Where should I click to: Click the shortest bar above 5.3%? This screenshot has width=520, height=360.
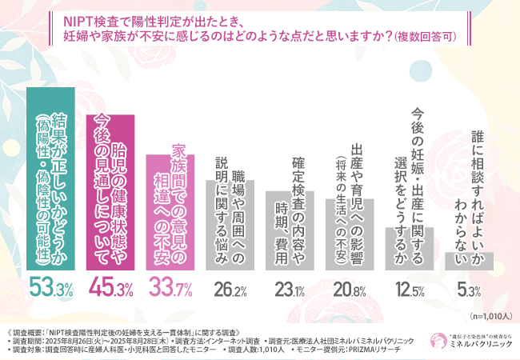[x=466, y=262]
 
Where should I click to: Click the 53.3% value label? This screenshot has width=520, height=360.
[x=54, y=286]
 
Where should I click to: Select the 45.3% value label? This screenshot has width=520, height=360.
[x=113, y=286]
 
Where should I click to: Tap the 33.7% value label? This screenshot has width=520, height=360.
[x=171, y=286]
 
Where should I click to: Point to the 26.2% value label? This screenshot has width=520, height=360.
[x=230, y=287]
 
